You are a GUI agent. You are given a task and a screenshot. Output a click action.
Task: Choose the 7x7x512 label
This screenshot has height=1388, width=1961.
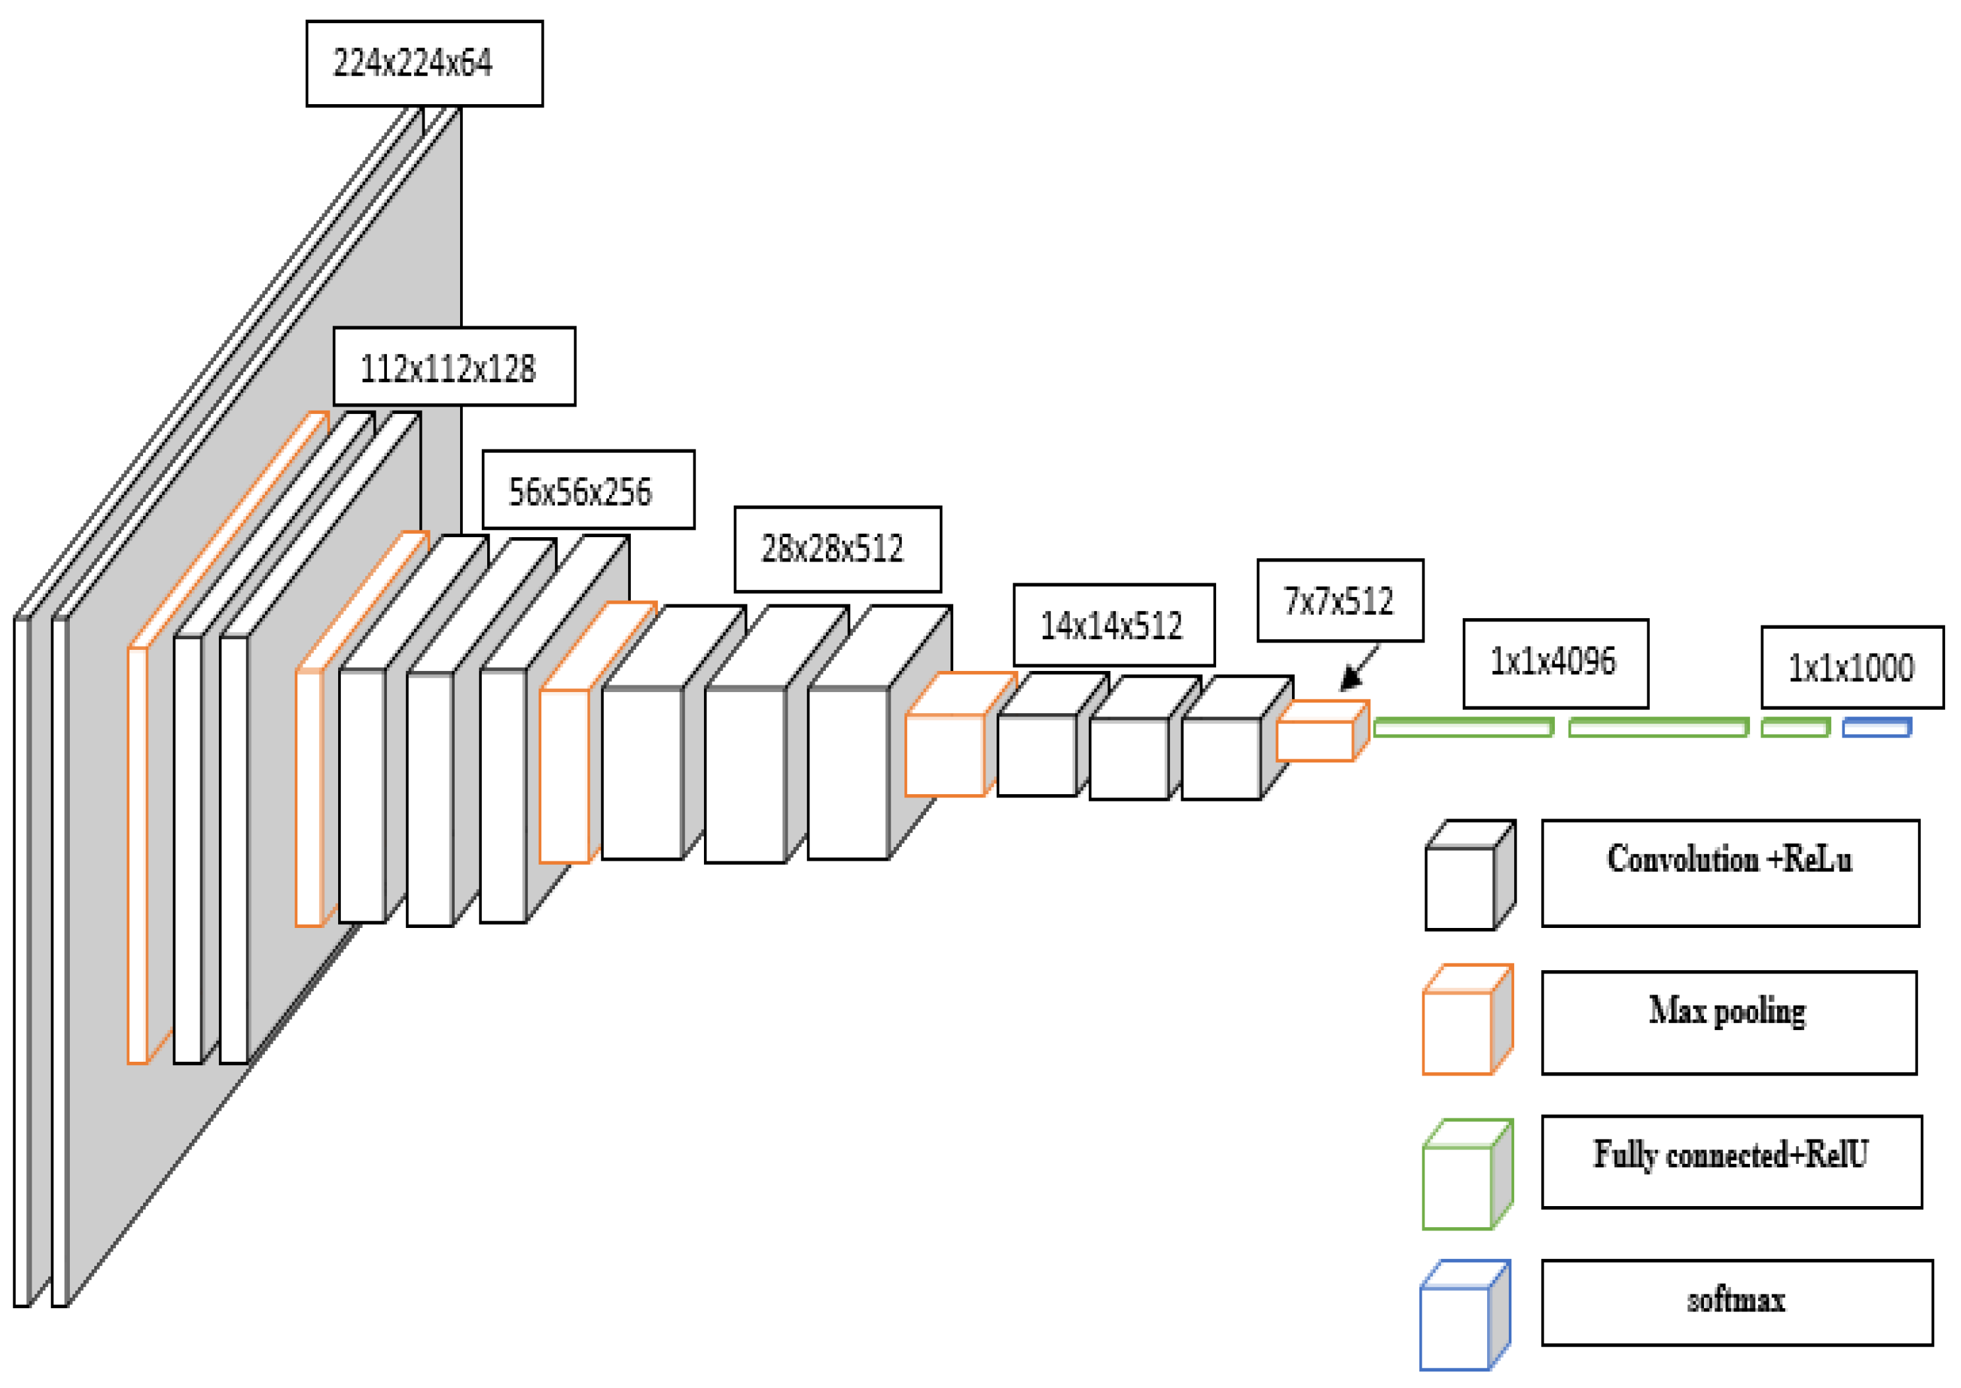[x=1339, y=601]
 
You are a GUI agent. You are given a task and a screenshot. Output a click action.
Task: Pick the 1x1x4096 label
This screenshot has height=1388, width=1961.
[x=1555, y=663]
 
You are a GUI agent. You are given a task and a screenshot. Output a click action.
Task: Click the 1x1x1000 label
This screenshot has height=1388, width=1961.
[x=1852, y=668]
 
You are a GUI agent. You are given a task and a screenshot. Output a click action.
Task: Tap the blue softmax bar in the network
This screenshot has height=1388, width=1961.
[x=1877, y=728]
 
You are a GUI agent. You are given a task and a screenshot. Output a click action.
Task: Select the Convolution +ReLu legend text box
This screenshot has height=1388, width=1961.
[x=1730, y=873]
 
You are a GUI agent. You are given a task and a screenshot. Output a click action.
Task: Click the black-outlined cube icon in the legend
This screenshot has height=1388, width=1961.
[x=1469, y=875]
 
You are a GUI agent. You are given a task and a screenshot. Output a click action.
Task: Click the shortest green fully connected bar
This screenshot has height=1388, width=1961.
[x=1794, y=728]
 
